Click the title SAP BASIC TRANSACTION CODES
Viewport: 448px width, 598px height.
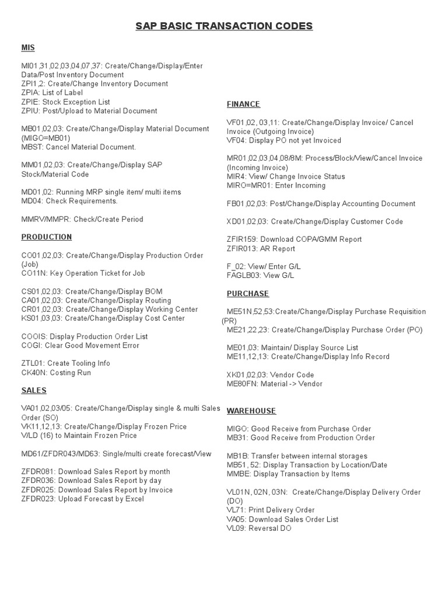224,26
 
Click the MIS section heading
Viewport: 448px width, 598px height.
28,48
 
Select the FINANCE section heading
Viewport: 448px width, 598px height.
243,104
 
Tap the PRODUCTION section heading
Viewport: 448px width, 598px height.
47,237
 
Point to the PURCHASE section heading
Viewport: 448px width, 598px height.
248,293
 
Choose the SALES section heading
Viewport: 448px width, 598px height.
34,390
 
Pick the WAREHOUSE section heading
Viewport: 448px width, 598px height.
251,411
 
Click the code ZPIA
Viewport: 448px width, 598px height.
30,93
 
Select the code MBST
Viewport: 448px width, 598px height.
32,147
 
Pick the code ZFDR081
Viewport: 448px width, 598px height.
37,472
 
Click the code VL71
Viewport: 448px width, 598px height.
236,510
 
